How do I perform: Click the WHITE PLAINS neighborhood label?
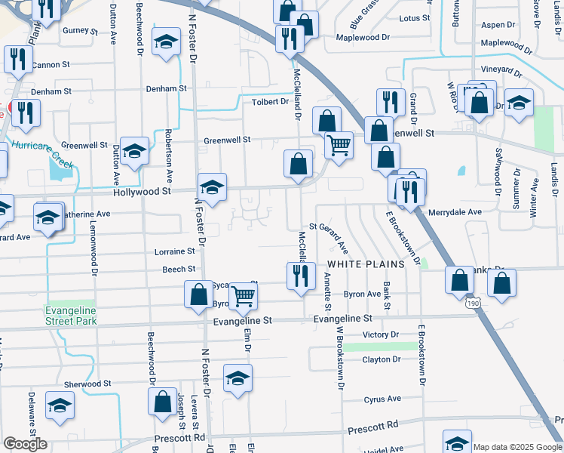[x=366, y=265]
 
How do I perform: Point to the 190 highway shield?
[x=473, y=302]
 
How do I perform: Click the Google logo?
[x=25, y=444]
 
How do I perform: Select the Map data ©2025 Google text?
[x=517, y=446]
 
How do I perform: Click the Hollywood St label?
[x=142, y=192]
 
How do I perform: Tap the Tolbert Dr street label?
[x=271, y=102]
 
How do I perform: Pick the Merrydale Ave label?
[x=455, y=212]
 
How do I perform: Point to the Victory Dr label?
[x=380, y=334]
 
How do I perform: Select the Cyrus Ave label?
[x=383, y=399]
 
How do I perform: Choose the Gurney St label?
[x=81, y=31]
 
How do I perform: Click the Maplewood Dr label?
[x=363, y=37]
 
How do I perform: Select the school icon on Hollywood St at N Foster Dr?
[x=213, y=188]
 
